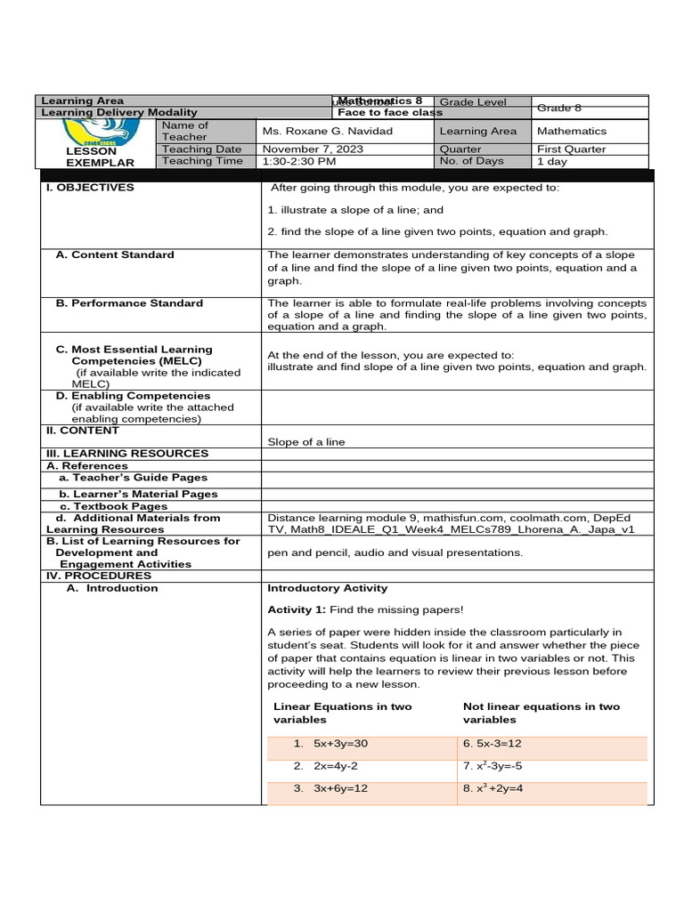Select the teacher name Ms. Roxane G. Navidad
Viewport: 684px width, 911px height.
tap(327, 132)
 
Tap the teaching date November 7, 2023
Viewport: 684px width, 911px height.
tap(313, 149)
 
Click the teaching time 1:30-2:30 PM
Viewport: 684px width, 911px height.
tap(299, 161)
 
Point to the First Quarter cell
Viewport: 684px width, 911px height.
tap(571, 149)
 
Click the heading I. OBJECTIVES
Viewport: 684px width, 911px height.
tap(90, 188)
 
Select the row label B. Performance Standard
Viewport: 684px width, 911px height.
tap(129, 303)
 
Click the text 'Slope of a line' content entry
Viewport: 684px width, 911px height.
tap(305, 442)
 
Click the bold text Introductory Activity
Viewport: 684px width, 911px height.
tap(327, 588)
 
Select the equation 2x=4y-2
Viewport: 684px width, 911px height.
tap(336, 765)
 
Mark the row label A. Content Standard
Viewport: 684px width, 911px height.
tap(115, 255)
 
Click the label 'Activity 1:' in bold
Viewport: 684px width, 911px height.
tap(297, 609)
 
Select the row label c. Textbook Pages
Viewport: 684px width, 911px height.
tap(113, 506)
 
